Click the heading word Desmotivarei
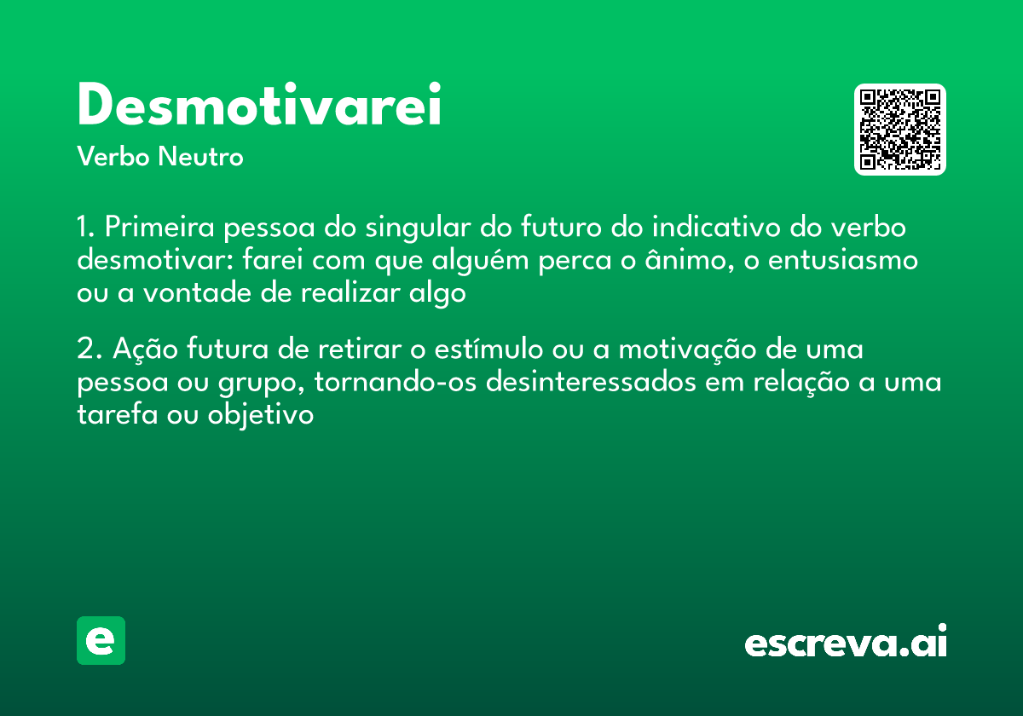tap(259, 107)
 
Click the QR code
tap(899, 130)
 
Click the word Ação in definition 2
tap(136, 349)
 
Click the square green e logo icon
tap(101, 640)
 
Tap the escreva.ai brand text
tap(846, 642)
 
